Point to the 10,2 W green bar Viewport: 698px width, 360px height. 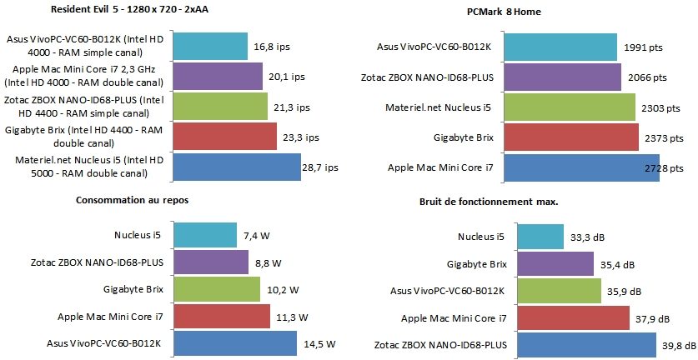point(218,289)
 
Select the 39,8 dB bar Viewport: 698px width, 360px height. point(586,342)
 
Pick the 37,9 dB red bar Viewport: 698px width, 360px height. point(573,317)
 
